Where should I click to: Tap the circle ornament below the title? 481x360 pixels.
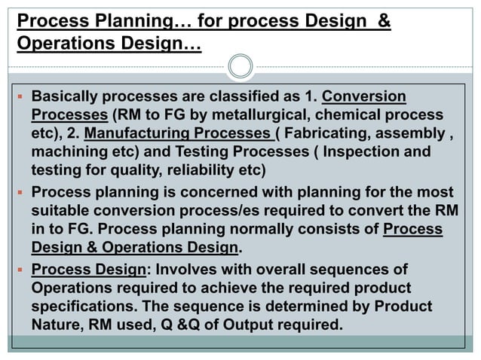240,66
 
